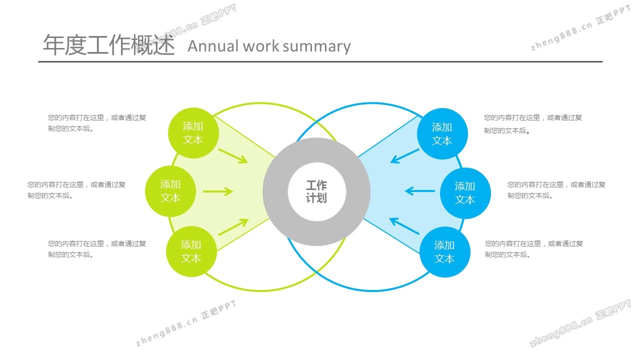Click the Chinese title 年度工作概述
108,45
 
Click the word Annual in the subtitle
213,46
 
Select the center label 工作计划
316,191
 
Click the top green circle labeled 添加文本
192,133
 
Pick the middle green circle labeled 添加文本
170,191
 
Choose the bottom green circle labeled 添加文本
191,251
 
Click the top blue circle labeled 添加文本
442,134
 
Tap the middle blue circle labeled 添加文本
465,193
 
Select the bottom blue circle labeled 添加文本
444,252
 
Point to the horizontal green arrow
217,191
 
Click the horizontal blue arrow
420,190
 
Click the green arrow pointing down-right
233,155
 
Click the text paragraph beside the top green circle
97,123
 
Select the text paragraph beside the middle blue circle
556,190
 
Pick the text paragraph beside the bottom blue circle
533,249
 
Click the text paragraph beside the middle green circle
76,190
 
